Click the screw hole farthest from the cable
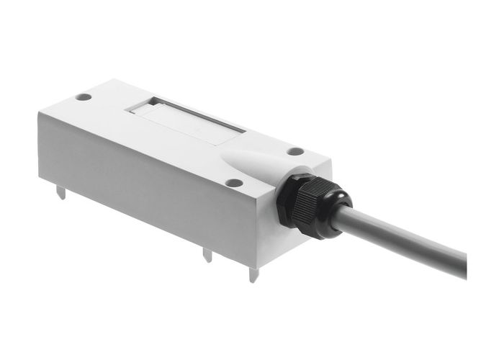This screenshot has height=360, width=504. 84,96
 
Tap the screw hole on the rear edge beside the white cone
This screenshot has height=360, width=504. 295,152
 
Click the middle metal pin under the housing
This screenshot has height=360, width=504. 207,253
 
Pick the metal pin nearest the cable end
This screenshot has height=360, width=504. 252,274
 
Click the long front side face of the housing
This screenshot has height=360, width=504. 144,187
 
